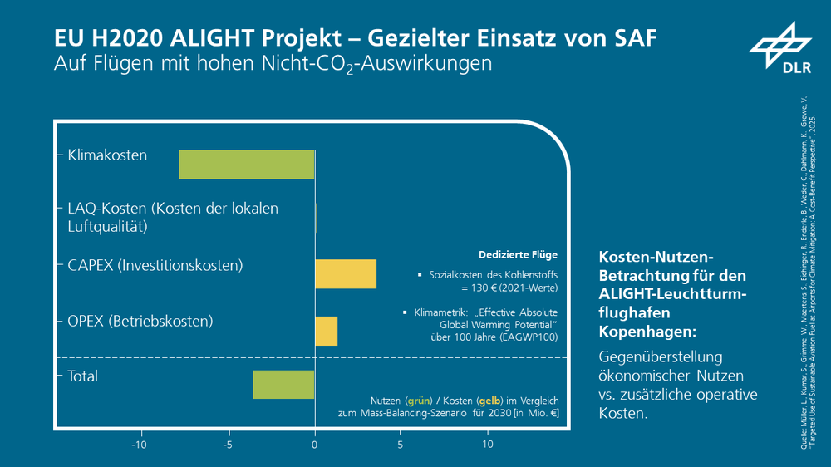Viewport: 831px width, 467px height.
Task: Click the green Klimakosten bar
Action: click(x=247, y=165)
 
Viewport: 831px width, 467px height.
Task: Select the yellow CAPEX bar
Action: click(x=346, y=274)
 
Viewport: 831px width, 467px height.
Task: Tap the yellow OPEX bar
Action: click(x=326, y=331)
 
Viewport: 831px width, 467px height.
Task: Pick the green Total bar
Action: click(x=283, y=385)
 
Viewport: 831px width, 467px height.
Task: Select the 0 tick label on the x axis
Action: click(x=315, y=445)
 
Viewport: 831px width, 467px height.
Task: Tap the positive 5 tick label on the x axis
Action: click(x=401, y=445)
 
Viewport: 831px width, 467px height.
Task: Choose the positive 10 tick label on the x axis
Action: click(x=488, y=445)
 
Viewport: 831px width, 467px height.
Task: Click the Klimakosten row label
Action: click(x=107, y=155)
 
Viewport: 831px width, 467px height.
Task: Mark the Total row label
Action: click(x=82, y=376)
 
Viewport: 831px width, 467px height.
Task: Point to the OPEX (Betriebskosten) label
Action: click(x=140, y=321)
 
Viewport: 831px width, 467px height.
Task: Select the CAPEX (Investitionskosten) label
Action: click(x=155, y=266)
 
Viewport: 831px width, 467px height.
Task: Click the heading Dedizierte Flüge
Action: click(x=518, y=255)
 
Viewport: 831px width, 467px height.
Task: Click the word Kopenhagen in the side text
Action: click(x=646, y=331)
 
